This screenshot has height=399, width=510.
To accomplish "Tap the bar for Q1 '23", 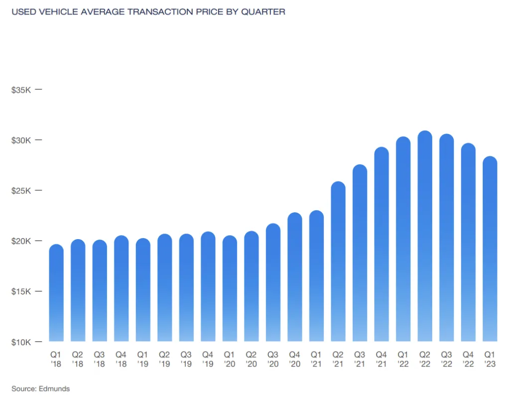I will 490,249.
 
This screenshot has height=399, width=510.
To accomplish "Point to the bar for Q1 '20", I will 230,288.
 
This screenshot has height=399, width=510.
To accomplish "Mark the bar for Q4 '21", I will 382,244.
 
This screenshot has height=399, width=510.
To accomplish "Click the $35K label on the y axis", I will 21,90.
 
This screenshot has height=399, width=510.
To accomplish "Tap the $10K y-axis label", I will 21,342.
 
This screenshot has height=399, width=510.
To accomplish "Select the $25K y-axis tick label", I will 21,191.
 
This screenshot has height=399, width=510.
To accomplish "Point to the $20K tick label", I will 21,241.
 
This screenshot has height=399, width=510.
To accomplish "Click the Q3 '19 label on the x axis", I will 186,359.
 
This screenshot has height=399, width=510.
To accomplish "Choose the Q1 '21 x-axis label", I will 316,359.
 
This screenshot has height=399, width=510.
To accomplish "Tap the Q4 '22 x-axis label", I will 468,359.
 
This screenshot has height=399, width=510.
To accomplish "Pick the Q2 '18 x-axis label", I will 78,359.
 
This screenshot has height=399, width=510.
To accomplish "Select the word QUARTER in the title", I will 263,11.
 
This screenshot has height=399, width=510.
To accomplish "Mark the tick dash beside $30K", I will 38,140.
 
